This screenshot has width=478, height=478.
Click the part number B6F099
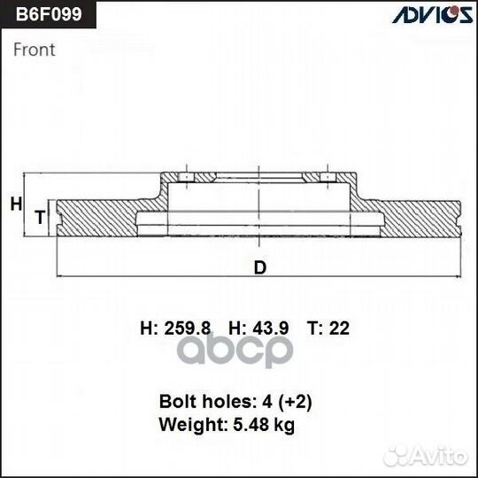47,16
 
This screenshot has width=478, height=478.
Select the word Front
35,50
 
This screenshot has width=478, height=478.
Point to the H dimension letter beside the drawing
15,204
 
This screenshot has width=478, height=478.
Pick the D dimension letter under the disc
259,268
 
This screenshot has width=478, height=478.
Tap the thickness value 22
339,328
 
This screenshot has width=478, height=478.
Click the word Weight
187,425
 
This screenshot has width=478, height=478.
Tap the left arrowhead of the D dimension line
59,276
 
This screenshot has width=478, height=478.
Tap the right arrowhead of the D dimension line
459,276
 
